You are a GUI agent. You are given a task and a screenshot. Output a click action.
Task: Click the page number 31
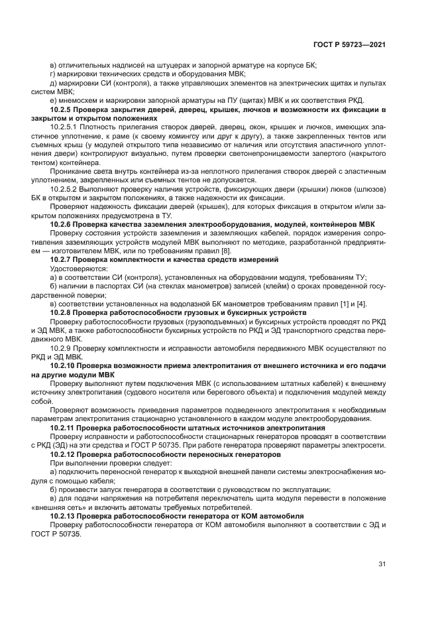click(x=382, y=564)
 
